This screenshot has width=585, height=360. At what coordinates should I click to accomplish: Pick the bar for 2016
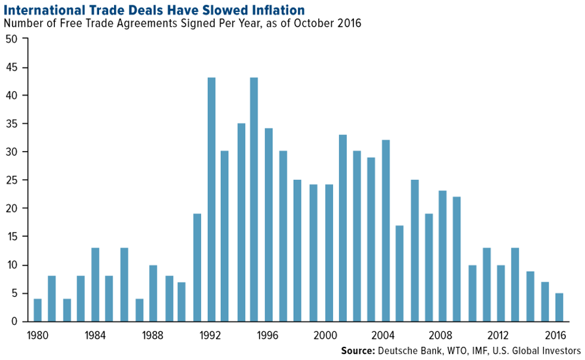pyautogui.click(x=559, y=307)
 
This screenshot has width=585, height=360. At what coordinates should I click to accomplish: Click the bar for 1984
pyautogui.click(x=96, y=285)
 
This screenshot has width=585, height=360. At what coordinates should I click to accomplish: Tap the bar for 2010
pyautogui.click(x=472, y=293)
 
